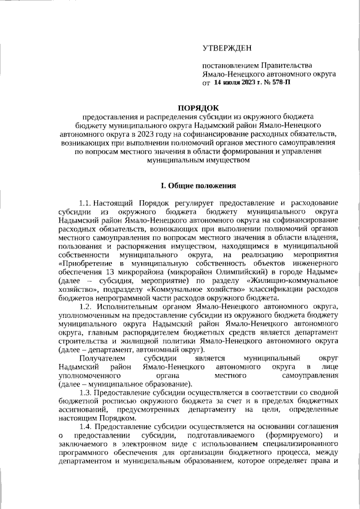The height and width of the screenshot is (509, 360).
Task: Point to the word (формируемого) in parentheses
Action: click(x=288, y=436)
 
